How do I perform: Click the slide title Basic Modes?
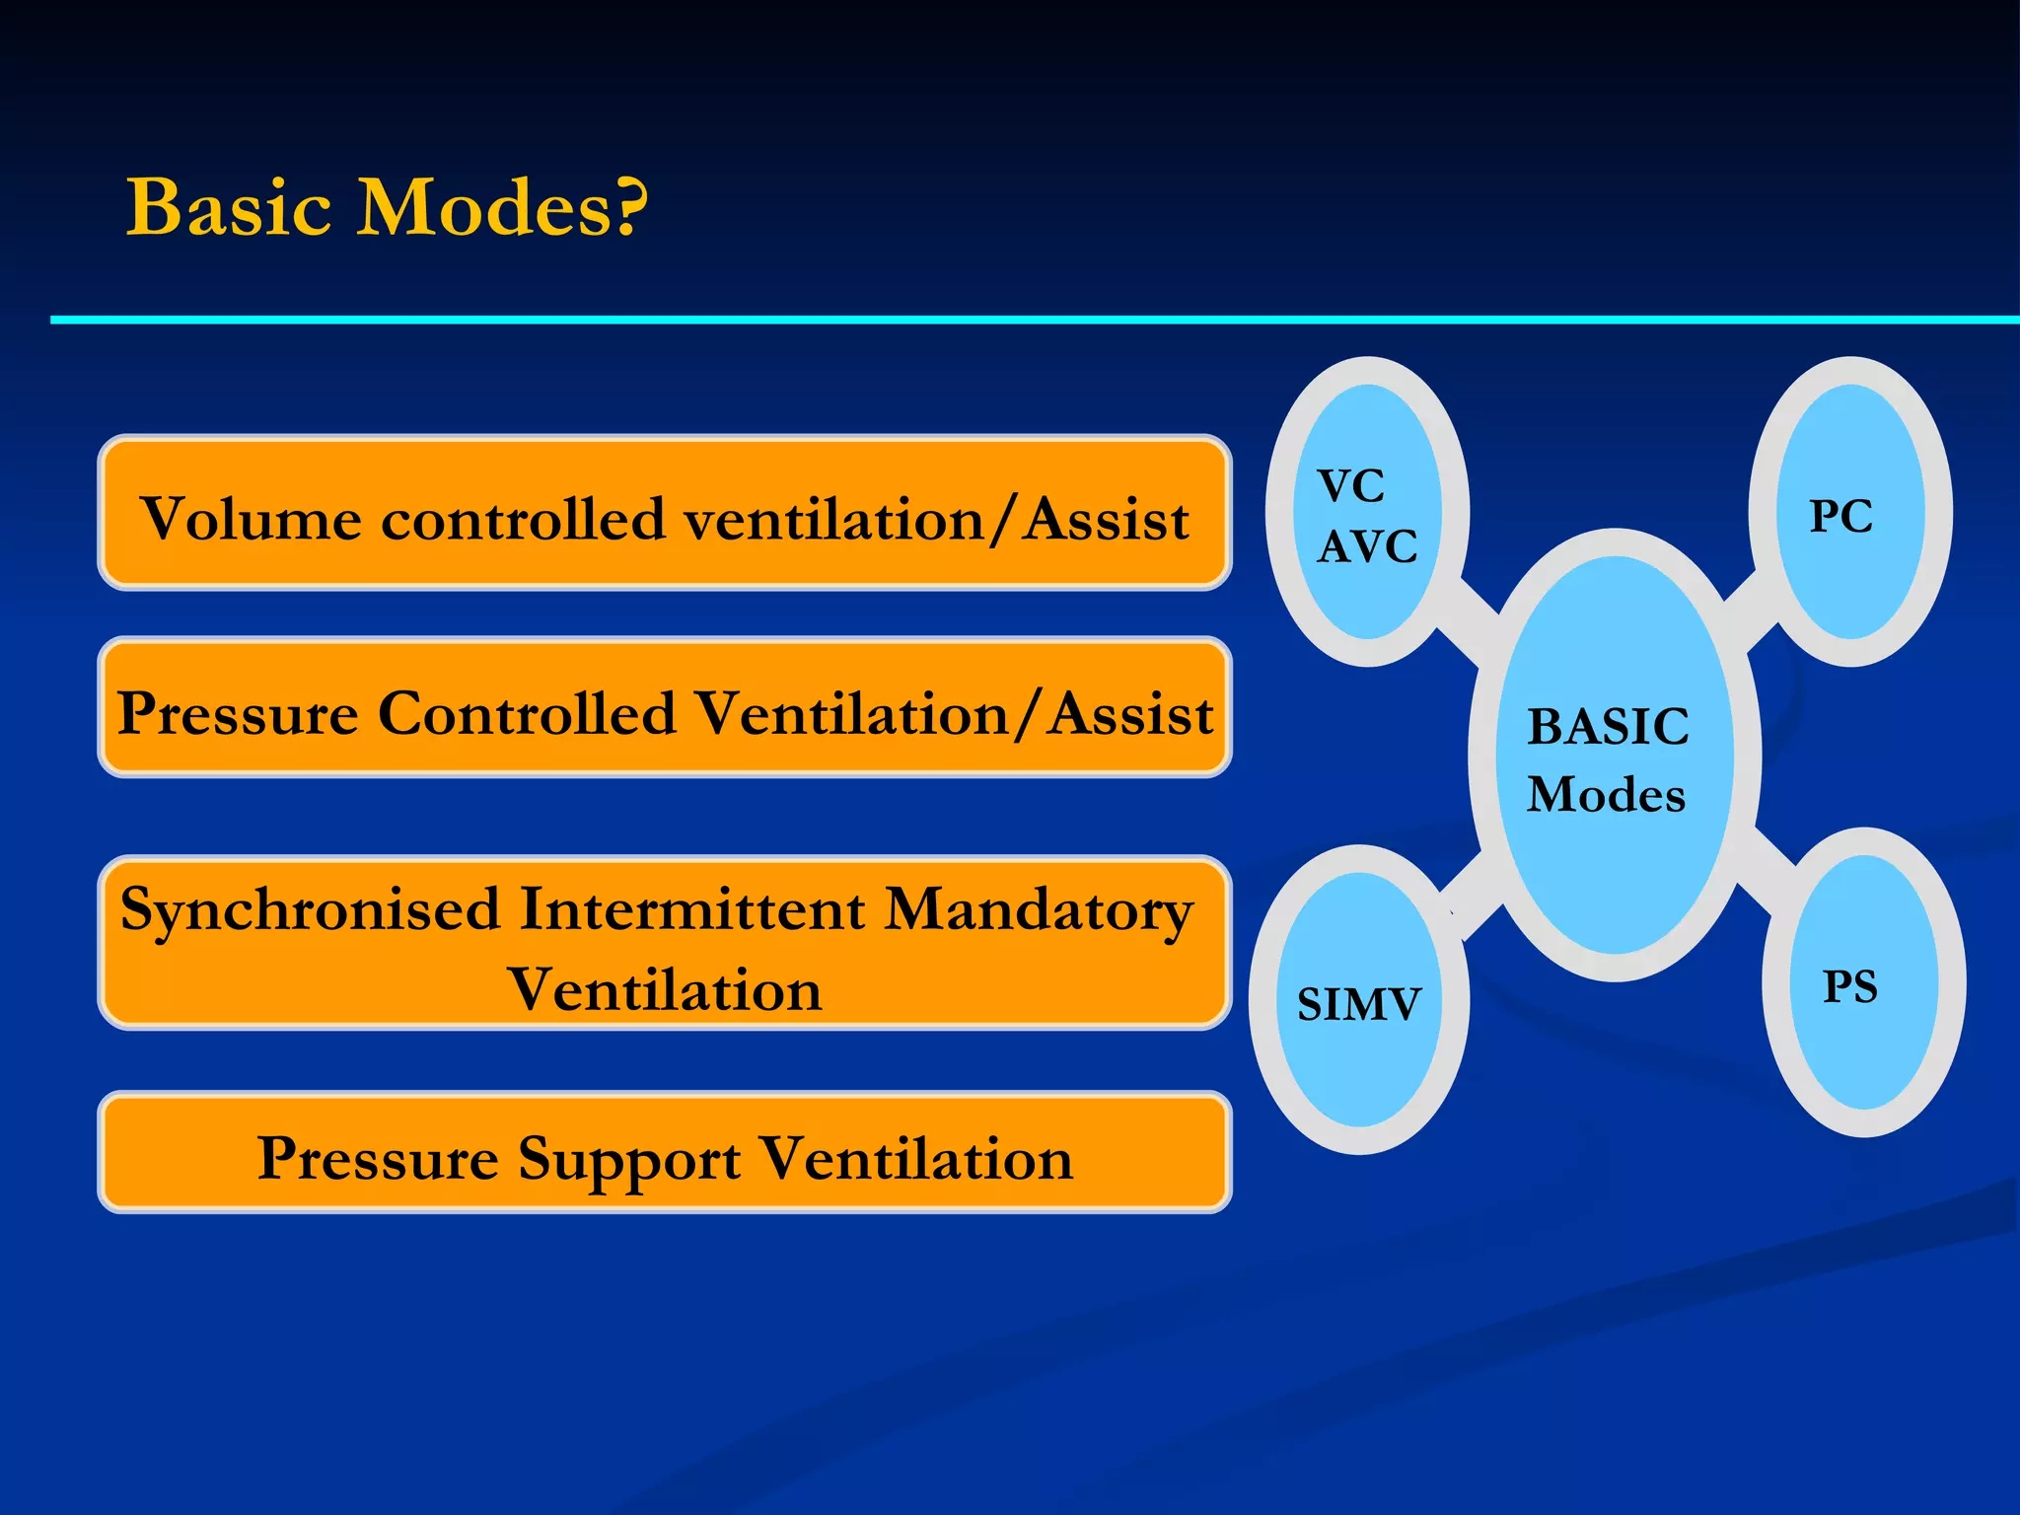[387, 208]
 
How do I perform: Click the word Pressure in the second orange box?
[237, 712]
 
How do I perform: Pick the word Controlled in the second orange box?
[528, 712]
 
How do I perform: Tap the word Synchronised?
[310, 909]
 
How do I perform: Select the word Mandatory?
[1038, 909]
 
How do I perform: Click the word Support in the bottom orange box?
[628, 1159]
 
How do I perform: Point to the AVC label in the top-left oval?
[1367, 546]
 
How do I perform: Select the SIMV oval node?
[1358, 1002]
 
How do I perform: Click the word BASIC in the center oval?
[1608, 727]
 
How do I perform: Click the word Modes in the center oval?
[1606, 795]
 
